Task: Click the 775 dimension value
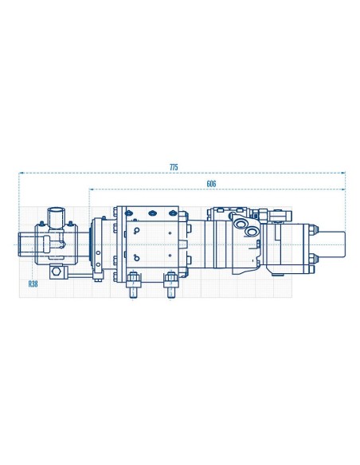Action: click(x=174, y=166)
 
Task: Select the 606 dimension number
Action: click(x=211, y=184)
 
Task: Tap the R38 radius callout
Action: click(x=33, y=283)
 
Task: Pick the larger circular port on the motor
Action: click(x=252, y=231)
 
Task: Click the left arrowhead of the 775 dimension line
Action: click(x=22, y=172)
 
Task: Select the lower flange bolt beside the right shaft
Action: click(x=314, y=256)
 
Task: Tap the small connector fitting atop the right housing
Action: click(x=277, y=213)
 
